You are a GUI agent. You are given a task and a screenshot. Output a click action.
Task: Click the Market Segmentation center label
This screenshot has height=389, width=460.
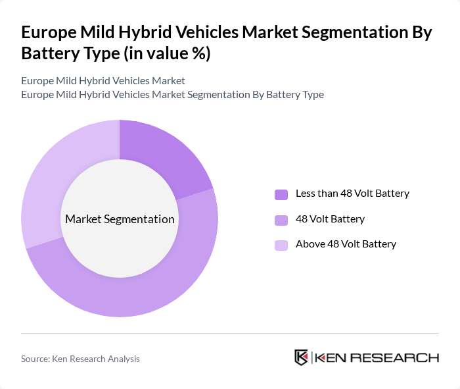120,219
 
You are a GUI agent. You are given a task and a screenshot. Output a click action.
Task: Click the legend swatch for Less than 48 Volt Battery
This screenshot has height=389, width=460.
281,194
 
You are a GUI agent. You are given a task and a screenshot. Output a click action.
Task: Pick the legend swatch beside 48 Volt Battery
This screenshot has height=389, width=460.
281,219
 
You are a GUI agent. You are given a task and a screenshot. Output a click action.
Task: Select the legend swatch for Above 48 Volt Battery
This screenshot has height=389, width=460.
281,245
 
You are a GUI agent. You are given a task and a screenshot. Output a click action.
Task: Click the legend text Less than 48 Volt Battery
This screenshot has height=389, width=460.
352,194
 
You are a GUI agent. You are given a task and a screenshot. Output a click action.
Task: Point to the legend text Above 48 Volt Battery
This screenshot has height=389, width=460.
346,244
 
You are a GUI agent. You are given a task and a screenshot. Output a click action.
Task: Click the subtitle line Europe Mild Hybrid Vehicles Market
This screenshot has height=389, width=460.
103,80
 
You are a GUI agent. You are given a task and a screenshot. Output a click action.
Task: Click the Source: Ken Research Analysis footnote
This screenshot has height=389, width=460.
80,359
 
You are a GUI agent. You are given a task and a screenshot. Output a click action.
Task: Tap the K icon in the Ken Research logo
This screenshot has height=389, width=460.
301,357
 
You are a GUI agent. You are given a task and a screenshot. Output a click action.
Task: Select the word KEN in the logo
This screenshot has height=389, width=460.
332,357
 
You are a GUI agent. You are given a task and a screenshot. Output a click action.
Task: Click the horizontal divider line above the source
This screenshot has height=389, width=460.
230,333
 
